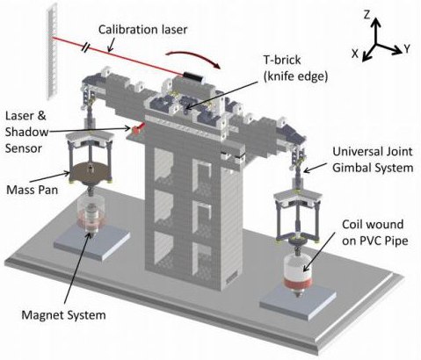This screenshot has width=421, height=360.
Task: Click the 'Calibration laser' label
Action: tap(142, 30)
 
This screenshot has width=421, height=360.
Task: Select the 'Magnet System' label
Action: tap(63, 315)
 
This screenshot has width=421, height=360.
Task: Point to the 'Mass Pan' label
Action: tap(33, 190)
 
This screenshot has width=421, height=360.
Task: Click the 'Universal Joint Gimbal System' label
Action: tap(373, 160)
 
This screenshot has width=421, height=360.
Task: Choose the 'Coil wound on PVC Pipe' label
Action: tap(374, 233)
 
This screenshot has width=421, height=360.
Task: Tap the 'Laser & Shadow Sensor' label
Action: tap(26, 132)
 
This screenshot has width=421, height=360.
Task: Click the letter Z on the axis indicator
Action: tap(367, 14)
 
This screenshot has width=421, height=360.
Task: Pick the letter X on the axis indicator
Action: tap(355, 54)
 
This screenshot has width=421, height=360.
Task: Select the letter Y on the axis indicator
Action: tap(407, 49)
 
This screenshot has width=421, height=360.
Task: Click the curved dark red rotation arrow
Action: tap(193, 57)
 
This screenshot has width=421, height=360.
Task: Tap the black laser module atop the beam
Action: tap(192, 76)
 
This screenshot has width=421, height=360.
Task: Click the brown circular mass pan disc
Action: tap(91, 171)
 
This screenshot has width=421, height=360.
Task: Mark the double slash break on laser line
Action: tap(86, 47)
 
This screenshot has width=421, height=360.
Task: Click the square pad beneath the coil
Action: tap(298, 303)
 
